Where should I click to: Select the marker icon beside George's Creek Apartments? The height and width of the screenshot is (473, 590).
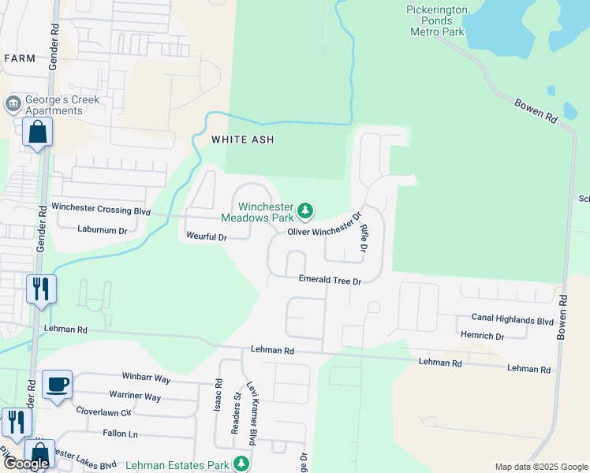tap(13, 104)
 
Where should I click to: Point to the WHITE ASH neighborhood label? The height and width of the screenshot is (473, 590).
tap(243, 140)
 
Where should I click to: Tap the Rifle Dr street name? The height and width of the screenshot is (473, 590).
tap(365, 237)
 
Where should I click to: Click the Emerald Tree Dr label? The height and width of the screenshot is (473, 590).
tap(329, 280)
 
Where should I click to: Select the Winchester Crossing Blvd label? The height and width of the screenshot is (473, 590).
tap(101, 207)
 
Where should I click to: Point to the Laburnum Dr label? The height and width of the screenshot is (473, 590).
tap(103, 230)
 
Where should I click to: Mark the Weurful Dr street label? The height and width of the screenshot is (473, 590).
tap(206, 236)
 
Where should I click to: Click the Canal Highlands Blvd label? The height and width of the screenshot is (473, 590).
tap(513, 320)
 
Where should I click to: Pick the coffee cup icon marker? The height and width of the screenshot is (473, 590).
tap(57, 385)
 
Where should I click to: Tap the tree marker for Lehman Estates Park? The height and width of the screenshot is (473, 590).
tap(244, 463)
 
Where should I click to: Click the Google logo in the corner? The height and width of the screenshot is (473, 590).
tap(26, 464)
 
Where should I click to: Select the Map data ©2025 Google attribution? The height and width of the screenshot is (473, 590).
tap(540, 467)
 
